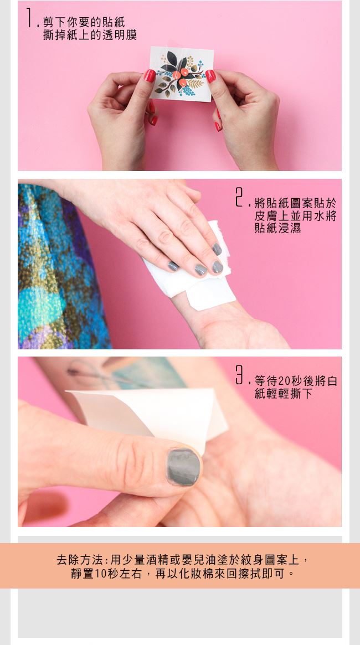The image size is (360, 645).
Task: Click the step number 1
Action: click(29, 18)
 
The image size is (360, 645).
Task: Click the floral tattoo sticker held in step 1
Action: click(182, 74)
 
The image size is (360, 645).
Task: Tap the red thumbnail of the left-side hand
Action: click(150, 76)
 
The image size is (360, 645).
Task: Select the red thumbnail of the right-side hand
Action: click(210, 76)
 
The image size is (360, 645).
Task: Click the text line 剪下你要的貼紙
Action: click(84, 22)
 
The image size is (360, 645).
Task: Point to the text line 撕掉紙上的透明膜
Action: click(90, 35)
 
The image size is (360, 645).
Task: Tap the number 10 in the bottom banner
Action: click(101, 574)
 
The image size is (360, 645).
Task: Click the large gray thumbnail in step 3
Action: click(183, 467)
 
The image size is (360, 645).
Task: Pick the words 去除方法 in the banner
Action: click(80, 560)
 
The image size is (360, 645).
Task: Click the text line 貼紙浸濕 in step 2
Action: click(277, 228)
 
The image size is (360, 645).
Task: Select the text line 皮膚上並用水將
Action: click(295, 215)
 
